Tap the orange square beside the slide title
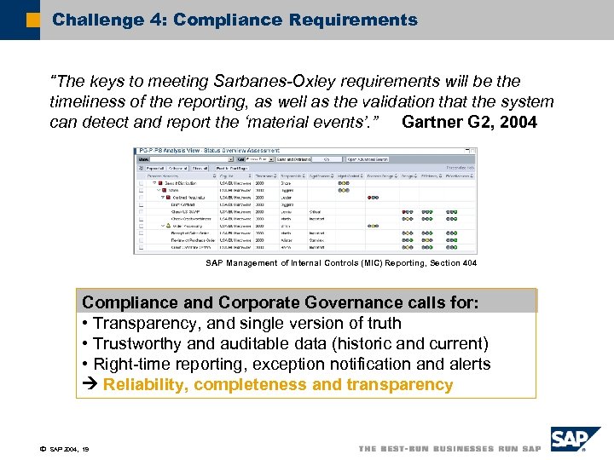[x=32, y=20]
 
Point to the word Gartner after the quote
[x=434, y=123]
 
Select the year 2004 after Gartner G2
[x=518, y=123]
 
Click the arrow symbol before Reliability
[x=90, y=385]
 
